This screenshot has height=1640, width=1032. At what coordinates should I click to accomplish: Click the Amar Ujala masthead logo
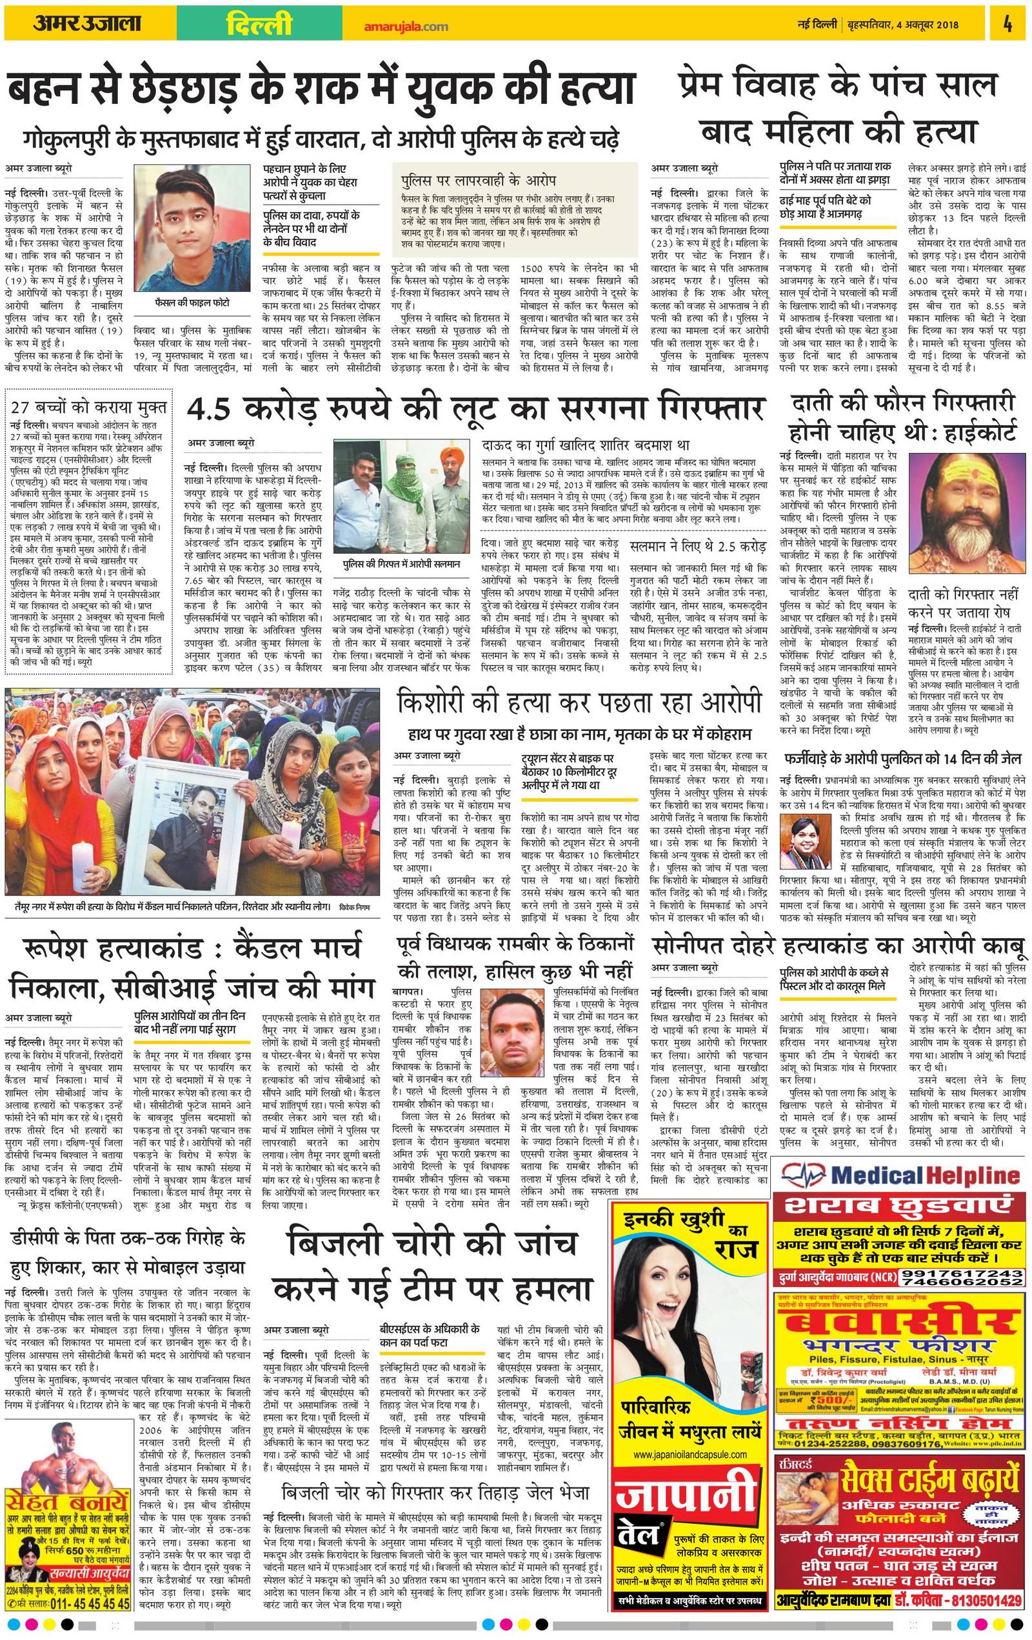click(86, 24)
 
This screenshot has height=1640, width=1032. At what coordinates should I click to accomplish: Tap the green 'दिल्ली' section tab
click(259, 25)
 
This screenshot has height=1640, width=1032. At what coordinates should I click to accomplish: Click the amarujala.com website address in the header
click(406, 26)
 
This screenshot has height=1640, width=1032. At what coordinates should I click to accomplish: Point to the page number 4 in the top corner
click(1007, 25)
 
